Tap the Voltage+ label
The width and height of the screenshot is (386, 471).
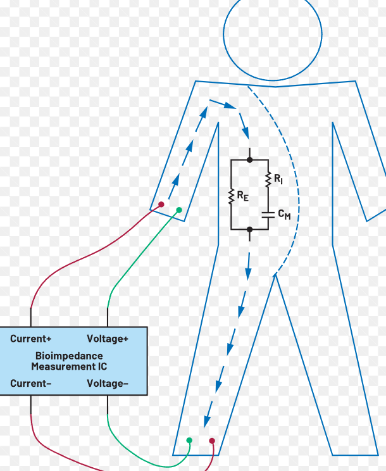[x=107, y=339]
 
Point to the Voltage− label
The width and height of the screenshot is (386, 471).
[x=107, y=384]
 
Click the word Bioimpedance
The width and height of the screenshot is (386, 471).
[x=69, y=356]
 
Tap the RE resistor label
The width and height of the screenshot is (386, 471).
[x=243, y=197]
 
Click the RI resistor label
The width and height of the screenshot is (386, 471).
[x=278, y=180]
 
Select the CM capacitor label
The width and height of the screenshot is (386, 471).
[x=284, y=215]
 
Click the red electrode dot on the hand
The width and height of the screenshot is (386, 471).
[x=161, y=204]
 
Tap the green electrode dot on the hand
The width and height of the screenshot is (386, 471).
[x=179, y=210]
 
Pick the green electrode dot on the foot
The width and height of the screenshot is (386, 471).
[x=189, y=440]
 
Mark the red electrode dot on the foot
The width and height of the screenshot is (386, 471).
[x=212, y=441]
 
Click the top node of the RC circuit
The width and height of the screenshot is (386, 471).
[x=249, y=160]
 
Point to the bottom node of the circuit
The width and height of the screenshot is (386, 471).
[x=249, y=229]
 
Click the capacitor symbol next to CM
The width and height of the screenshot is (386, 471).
[x=268, y=214]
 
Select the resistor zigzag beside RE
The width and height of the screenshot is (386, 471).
[x=232, y=196]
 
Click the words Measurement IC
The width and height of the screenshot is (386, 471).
[x=69, y=367]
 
